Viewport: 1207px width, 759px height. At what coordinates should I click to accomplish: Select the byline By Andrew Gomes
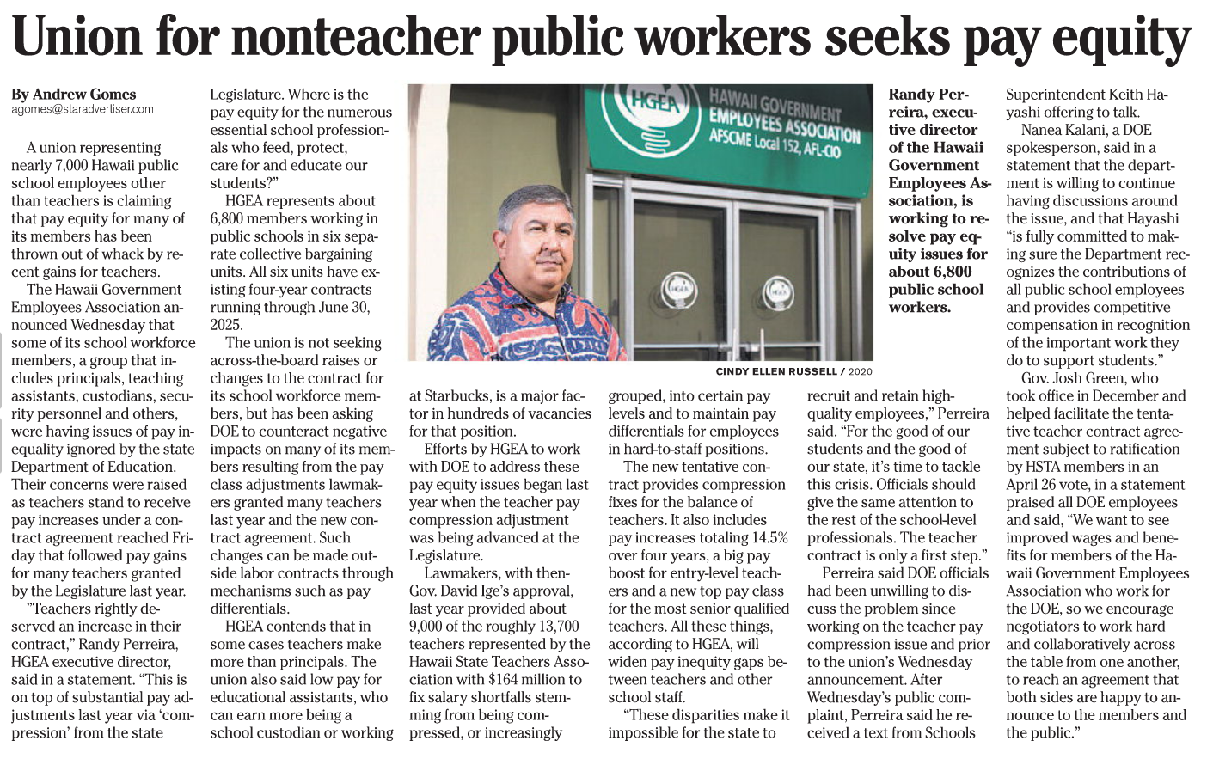tap(74, 95)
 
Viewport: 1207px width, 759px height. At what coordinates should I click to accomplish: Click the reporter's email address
tap(83, 109)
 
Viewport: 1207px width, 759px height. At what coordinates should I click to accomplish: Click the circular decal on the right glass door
tap(778, 291)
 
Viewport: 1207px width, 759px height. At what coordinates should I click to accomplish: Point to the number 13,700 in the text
tap(556, 627)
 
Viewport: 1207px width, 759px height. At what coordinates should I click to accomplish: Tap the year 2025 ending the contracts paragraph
tap(227, 325)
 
